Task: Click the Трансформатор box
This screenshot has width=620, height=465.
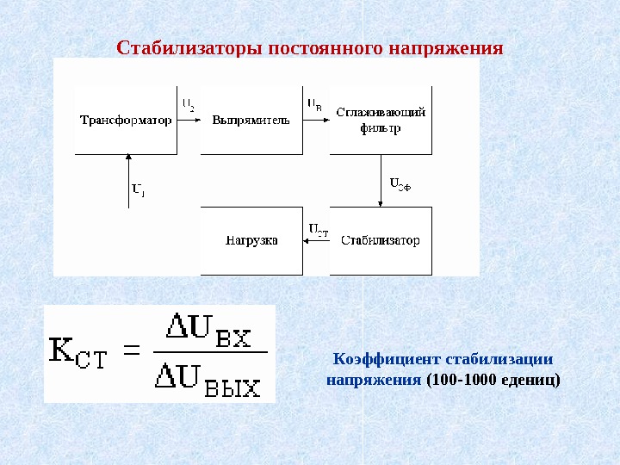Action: (127, 120)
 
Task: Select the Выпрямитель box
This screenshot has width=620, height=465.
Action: (251, 120)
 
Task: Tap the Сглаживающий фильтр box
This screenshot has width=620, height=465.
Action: (381, 120)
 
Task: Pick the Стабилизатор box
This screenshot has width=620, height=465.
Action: (381, 240)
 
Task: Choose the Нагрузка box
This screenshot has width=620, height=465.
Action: (251, 240)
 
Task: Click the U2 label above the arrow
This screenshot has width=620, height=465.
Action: (189, 105)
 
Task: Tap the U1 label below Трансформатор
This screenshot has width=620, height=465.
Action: (138, 189)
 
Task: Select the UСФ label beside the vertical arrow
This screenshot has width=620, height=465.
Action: (400, 183)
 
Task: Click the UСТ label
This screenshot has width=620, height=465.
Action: (318, 229)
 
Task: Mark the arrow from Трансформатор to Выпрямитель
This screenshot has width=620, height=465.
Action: (189, 121)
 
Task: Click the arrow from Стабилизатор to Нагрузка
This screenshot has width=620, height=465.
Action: (316, 241)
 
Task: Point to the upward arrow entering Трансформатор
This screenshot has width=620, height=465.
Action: (127, 181)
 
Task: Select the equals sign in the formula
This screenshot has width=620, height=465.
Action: (133, 350)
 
